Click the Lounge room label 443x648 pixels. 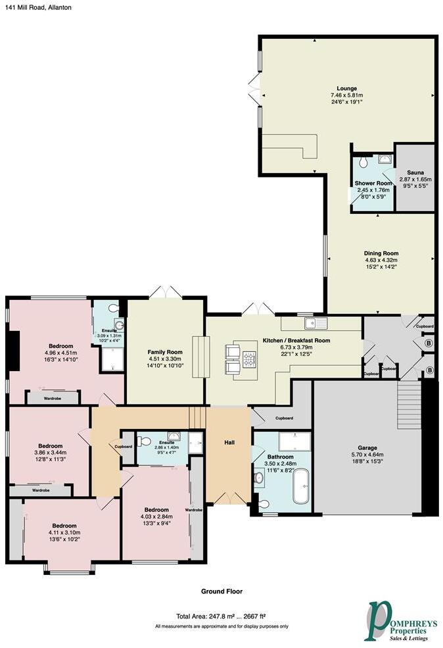click(x=346, y=88)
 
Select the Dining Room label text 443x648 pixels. click(x=381, y=253)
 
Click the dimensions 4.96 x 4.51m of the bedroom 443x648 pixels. click(x=59, y=353)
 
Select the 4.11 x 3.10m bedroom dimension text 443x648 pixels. click(x=64, y=533)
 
